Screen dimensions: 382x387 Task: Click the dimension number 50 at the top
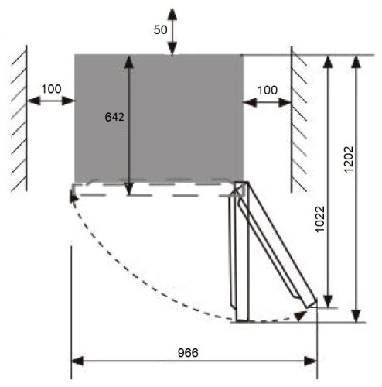click(x=160, y=30)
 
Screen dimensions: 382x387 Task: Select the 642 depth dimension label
click(x=114, y=117)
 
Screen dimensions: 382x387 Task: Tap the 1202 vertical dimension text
click(x=349, y=159)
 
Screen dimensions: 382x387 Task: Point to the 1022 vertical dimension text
click(x=320, y=219)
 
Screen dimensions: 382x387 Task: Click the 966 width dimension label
click(x=188, y=353)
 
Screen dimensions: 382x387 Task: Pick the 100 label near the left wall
click(x=51, y=89)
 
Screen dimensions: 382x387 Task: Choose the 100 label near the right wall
click(x=268, y=91)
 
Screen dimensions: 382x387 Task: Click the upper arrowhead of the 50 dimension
click(x=172, y=14)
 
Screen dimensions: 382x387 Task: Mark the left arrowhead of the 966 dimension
click(x=77, y=361)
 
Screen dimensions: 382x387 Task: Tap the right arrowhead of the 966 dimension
click(x=311, y=361)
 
